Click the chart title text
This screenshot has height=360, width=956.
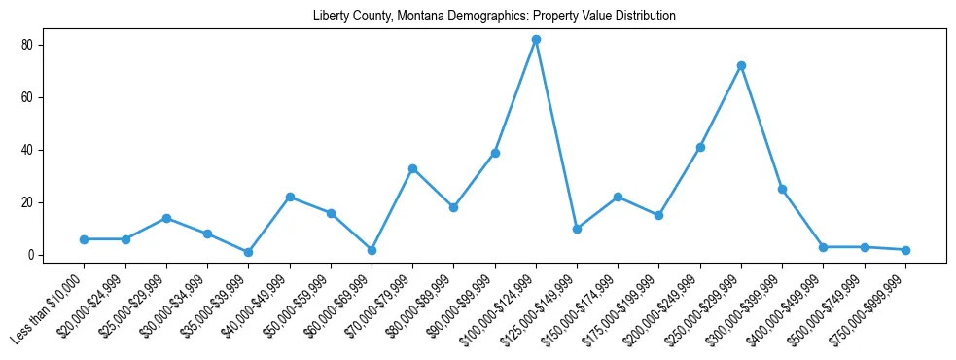[494, 17]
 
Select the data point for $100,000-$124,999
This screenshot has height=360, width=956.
[536, 40]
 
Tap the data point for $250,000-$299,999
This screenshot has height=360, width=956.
[741, 66]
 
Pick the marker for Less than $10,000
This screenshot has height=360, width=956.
[85, 239]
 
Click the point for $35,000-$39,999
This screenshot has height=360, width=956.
[249, 252]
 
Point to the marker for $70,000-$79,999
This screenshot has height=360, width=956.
[412, 168]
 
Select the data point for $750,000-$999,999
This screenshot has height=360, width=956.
[905, 250]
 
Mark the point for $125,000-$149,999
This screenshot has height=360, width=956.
[577, 229]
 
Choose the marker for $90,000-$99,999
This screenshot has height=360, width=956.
[495, 153]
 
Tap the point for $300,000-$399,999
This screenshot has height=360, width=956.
[782, 189]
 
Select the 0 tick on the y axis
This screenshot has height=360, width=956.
[31, 255]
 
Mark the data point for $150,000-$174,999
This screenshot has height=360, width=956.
[618, 198]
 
